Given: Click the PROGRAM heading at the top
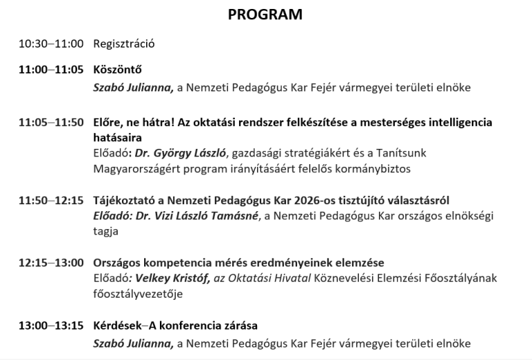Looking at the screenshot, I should click(265, 15).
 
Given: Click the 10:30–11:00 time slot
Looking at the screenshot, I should click(51, 44).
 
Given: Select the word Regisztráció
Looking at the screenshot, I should click(124, 44).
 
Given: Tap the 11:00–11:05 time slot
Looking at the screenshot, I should click(51, 70).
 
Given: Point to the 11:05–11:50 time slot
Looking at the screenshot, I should click(51, 123).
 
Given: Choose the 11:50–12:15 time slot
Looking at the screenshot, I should click(51, 201).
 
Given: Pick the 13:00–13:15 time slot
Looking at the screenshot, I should click(51, 325).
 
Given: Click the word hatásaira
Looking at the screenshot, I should click(118, 137).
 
